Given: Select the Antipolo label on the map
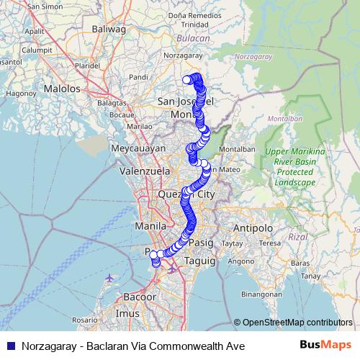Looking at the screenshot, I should (253, 228).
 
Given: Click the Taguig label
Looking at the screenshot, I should (200, 261).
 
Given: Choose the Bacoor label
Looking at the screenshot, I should (139, 297).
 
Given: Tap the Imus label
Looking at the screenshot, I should (127, 314).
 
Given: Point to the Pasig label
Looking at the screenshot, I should (201, 243).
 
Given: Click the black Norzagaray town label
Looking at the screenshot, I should (180, 54).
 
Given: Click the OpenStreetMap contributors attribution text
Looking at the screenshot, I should (297, 322).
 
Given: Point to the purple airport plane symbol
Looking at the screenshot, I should (109, 277).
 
